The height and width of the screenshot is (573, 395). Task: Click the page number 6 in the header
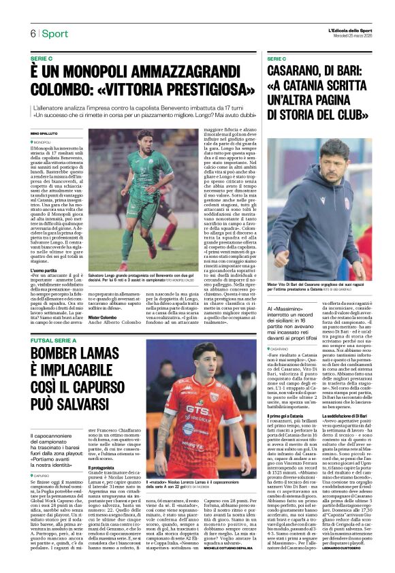[32, 34]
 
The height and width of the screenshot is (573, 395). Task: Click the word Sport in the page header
[54, 34]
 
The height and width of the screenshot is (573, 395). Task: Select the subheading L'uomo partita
[44, 272]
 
